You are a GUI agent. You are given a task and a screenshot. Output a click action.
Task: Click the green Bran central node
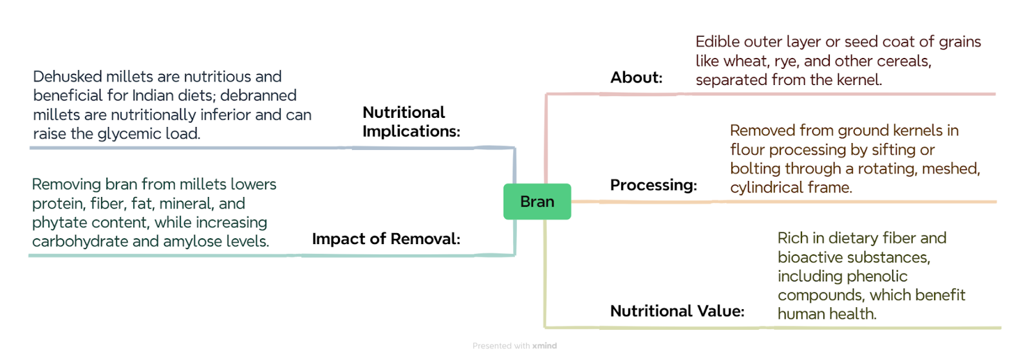click(537, 202)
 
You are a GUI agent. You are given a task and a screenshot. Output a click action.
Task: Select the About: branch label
click(637, 77)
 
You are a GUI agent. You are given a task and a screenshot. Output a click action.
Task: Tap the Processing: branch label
click(653, 185)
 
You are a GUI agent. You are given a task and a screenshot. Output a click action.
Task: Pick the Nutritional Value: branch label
click(677, 311)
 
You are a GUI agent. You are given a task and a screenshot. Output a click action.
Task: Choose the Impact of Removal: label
click(386, 239)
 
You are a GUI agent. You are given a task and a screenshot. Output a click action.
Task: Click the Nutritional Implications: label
click(411, 122)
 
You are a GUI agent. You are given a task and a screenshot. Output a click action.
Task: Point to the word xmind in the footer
click(545, 346)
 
